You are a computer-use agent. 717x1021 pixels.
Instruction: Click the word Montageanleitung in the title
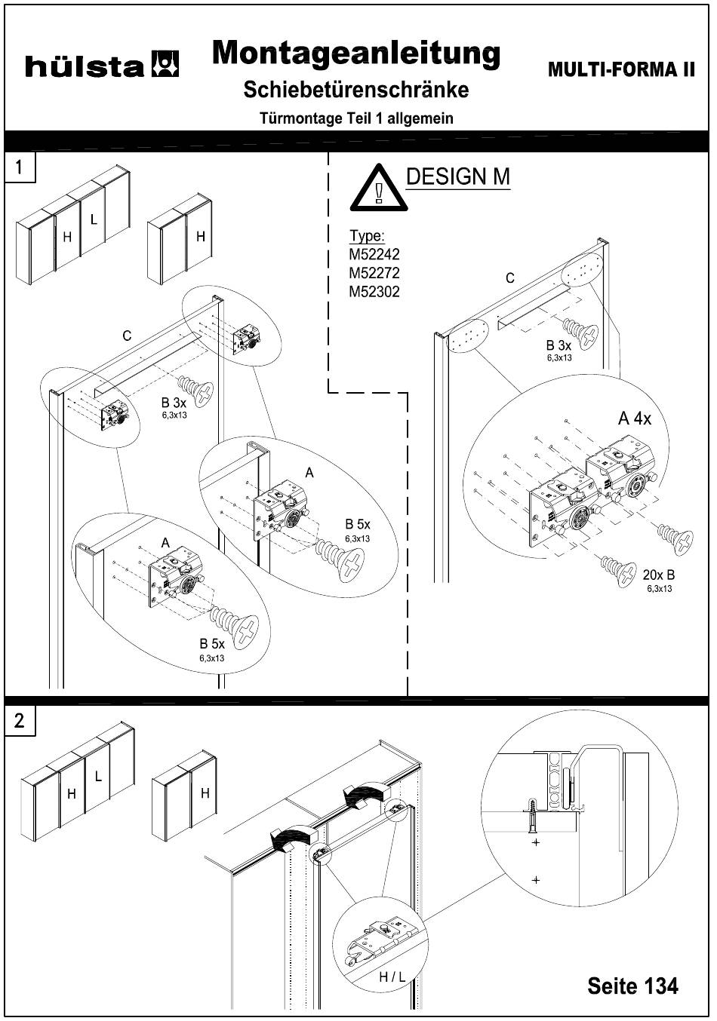point(356,54)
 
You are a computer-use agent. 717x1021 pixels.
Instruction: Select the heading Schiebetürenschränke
point(356,90)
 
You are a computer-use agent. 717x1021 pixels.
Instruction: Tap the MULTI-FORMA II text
point(621,69)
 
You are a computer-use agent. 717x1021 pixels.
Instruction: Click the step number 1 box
point(20,167)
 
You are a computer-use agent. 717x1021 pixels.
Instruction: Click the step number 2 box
point(20,721)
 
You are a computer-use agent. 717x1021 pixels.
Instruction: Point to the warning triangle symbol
point(378,188)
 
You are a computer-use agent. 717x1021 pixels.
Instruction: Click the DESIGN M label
point(458,177)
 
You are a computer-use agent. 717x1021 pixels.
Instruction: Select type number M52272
point(374,272)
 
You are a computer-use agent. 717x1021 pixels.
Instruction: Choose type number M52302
point(374,291)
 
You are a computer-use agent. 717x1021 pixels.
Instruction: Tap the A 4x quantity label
point(635,419)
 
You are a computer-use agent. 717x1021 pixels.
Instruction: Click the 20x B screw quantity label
point(659,575)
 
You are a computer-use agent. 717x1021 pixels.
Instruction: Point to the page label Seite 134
point(632,985)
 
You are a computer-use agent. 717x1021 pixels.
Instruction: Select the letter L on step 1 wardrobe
point(94,219)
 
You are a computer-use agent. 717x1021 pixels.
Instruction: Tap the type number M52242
point(374,254)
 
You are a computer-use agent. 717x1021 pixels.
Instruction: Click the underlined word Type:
point(367,236)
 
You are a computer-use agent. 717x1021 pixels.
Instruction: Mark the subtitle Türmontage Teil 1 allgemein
point(356,118)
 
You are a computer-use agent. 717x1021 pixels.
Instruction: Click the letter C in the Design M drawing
point(510,277)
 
